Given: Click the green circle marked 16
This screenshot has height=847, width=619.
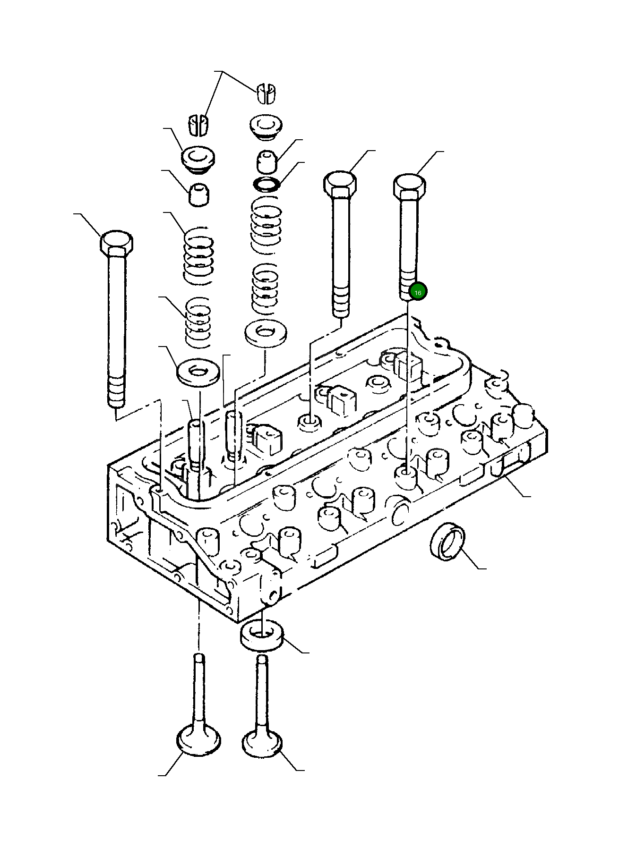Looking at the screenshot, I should tap(418, 292).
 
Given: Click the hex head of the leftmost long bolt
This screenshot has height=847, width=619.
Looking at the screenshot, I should tap(116, 243).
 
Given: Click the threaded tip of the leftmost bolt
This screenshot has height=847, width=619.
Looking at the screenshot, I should tap(116, 391).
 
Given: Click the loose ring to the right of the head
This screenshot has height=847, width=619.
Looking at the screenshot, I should tap(447, 542).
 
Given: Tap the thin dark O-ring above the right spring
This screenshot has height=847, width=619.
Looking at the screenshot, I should tap(266, 184).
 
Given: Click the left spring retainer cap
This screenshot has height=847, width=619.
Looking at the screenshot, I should tap(198, 158).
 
